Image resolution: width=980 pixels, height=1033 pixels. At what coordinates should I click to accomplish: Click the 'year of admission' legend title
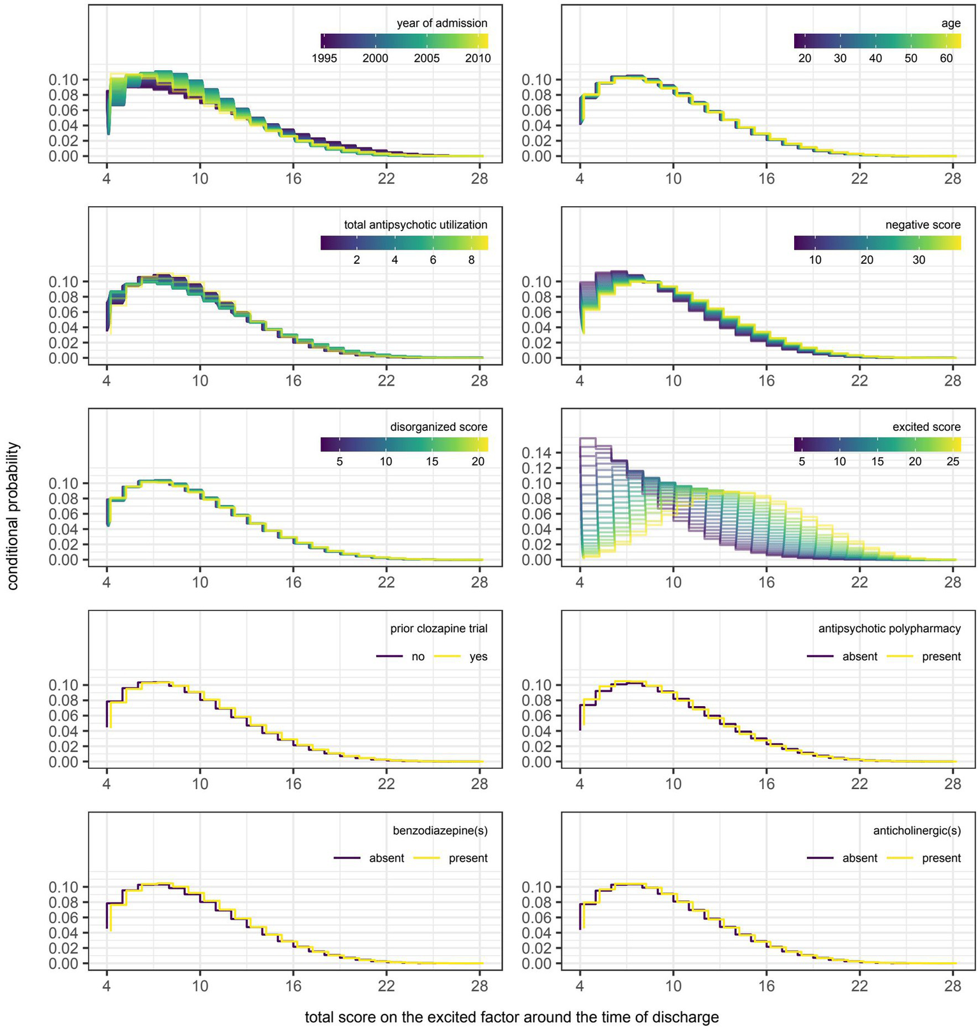click(442, 24)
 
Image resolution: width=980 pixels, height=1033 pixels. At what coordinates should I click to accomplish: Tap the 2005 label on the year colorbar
click(426, 58)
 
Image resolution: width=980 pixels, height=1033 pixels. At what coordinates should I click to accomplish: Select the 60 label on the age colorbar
click(946, 58)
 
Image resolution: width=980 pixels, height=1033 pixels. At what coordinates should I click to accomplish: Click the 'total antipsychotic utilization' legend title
click(416, 225)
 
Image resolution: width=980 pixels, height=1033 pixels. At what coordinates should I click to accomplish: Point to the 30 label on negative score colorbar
click(918, 260)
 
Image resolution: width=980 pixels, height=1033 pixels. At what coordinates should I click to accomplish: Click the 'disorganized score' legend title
click(439, 426)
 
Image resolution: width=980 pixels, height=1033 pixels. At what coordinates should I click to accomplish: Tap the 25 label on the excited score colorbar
click(953, 462)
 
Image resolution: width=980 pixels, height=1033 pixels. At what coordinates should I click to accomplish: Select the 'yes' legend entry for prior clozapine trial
click(478, 656)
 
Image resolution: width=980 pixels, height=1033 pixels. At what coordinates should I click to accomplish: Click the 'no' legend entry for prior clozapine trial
click(418, 656)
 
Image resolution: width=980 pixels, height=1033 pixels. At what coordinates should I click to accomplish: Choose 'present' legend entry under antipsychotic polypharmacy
click(941, 656)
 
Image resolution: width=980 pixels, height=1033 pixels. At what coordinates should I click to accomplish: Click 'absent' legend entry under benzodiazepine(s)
click(386, 858)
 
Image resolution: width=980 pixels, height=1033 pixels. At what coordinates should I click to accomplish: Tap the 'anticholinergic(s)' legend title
click(917, 831)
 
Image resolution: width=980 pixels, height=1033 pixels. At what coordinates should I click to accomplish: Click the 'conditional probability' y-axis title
click(13, 516)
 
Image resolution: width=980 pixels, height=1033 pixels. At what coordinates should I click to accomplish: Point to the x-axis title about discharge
click(511, 1017)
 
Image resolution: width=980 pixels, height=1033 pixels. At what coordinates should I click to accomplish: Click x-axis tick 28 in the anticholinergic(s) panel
click(953, 986)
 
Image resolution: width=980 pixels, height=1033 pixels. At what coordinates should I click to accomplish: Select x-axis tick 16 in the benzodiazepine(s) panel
click(293, 986)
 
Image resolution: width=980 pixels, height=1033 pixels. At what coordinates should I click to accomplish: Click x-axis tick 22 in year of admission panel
click(386, 179)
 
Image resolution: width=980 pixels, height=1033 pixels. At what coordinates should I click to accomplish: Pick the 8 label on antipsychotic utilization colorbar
click(471, 260)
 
